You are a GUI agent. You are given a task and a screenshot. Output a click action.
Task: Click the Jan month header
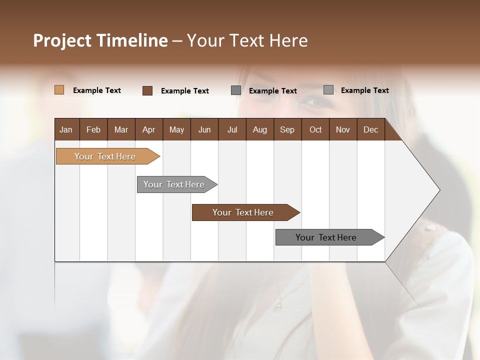(x=66, y=129)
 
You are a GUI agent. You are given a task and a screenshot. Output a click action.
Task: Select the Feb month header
(x=93, y=129)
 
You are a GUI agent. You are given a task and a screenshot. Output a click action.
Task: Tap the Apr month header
(x=148, y=129)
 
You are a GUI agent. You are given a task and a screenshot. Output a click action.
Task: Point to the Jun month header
(x=204, y=129)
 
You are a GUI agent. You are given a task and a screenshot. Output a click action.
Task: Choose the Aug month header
(x=259, y=129)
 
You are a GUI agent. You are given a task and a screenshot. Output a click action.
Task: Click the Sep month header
(x=287, y=129)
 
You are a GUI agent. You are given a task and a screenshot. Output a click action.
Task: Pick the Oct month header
(x=315, y=129)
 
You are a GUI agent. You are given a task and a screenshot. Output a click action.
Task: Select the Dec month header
(x=370, y=129)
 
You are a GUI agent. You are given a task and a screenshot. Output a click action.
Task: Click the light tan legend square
(x=59, y=90)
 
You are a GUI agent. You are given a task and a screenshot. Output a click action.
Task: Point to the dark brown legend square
(x=147, y=90)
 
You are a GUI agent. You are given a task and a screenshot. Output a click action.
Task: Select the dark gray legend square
(x=236, y=90)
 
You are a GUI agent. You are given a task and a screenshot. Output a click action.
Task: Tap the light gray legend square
(x=328, y=90)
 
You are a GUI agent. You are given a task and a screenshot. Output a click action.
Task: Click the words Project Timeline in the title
(x=100, y=40)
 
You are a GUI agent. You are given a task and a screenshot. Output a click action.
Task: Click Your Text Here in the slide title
(x=247, y=40)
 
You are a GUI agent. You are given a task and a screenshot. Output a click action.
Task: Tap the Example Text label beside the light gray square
(x=364, y=90)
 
